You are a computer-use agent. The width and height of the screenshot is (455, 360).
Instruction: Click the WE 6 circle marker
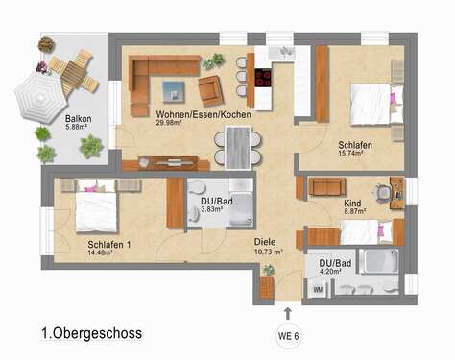coord(286,335)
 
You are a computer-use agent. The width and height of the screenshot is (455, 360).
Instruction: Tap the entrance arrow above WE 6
coord(286,311)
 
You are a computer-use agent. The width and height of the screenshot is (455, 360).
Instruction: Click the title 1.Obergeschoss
coord(91,334)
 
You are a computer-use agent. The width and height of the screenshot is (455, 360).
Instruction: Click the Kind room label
coord(353,204)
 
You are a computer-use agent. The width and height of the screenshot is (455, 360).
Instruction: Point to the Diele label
coord(265,243)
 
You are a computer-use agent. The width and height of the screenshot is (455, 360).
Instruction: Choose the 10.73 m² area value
coord(268,252)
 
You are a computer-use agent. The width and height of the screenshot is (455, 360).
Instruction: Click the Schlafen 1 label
coord(108,244)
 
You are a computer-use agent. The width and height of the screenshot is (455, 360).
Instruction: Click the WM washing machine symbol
coord(318,287)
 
